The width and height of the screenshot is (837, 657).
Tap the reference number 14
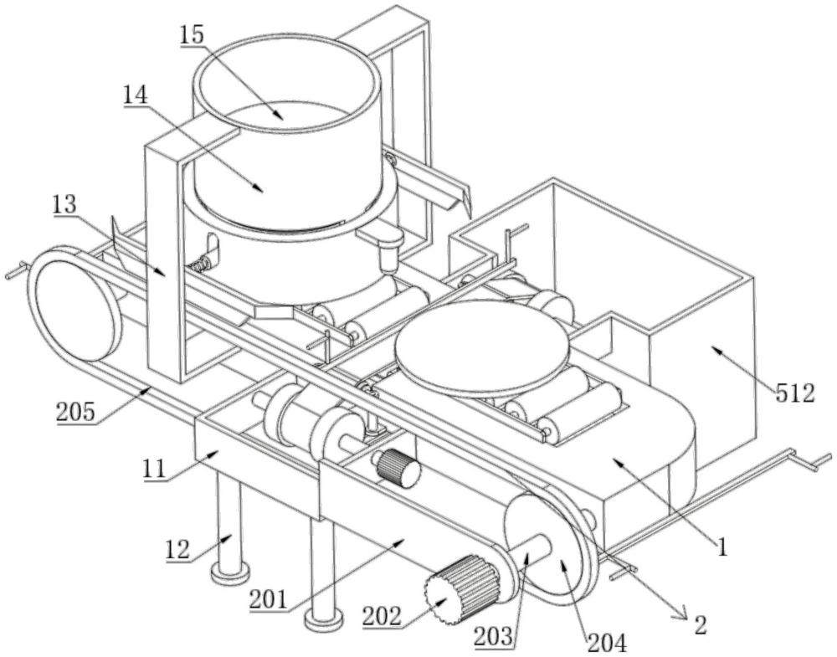pyautogui.click(x=136, y=95)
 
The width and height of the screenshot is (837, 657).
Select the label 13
pyautogui.click(x=65, y=204)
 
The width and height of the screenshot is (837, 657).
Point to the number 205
pyautogui.click(x=76, y=412)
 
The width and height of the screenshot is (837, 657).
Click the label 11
pyautogui.click(x=154, y=470)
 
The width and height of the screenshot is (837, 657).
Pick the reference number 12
pyautogui.click(x=177, y=550)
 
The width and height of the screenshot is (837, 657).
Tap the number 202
pyautogui.click(x=382, y=617)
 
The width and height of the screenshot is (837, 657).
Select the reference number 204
pyautogui.click(x=607, y=643)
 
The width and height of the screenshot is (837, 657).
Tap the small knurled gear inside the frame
pyautogui.click(x=397, y=468)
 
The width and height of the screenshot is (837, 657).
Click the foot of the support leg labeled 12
pyautogui.click(x=230, y=574)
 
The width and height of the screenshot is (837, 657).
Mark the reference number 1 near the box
pyautogui.click(x=722, y=547)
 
